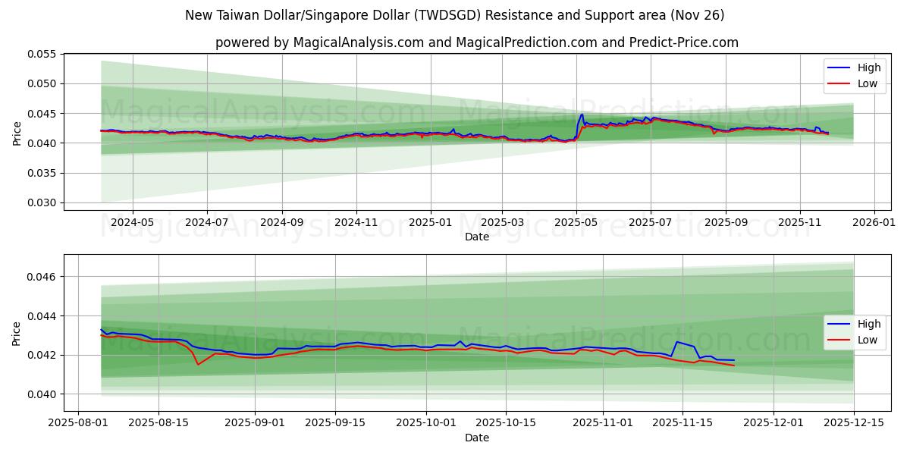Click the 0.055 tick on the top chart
click(45, 55)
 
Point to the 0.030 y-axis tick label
click(45, 202)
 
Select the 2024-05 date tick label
click(133, 223)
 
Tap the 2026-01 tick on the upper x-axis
click(874, 223)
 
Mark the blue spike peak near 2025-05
click(582, 115)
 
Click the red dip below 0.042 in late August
click(199, 364)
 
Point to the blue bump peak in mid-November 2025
click(677, 342)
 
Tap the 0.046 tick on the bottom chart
click(45, 277)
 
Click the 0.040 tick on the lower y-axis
click(45, 394)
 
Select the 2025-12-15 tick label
click(853, 422)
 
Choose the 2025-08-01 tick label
click(78, 422)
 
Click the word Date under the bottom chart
click(476, 438)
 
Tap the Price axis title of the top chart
click(17, 132)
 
